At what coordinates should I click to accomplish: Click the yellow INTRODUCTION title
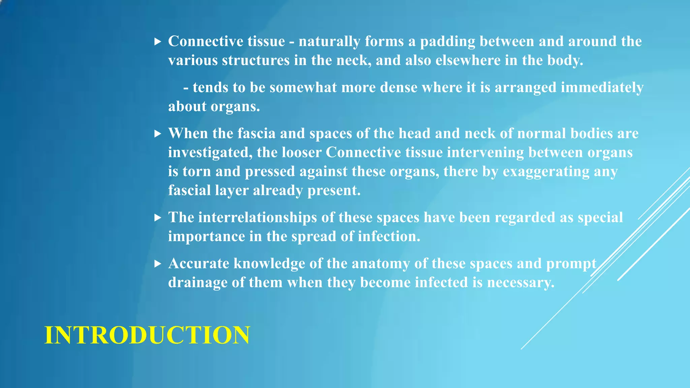click(x=147, y=335)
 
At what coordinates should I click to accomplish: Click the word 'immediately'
click(x=602, y=88)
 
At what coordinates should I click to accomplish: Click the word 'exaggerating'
click(x=546, y=171)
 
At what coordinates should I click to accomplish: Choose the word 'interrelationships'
click(x=257, y=218)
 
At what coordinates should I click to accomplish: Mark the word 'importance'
click(x=207, y=236)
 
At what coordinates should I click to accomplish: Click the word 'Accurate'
click(x=199, y=264)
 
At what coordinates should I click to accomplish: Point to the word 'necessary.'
click(x=521, y=283)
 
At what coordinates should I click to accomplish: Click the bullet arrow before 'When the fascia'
click(x=158, y=134)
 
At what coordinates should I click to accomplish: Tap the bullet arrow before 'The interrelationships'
click(x=158, y=218)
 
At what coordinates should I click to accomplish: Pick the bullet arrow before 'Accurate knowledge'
click(x=158, y=264)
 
